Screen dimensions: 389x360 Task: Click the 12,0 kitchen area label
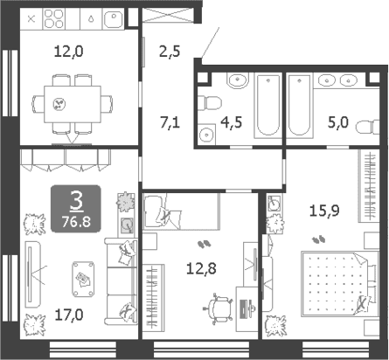pyautogui.click(x=69, y=52)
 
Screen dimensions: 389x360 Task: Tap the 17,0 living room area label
pyautogui.click(x=69, y=315)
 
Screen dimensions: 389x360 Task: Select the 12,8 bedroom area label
pyautogui.click(x=201, y=268)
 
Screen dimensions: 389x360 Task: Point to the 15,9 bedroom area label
pyautogui.click(x=324, y=211)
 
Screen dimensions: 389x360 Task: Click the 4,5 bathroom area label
pyautogui.click(x=232, y=122)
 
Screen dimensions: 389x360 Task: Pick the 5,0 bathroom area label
pyautogui.click(x=338, y=122)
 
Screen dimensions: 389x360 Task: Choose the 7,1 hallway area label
pyautogui.click(x=170, y=121)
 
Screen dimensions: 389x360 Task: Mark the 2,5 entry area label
pyautogui.click(x=170, y=51)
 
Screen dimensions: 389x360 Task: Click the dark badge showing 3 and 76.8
pyautogui.click(x=76, y=209)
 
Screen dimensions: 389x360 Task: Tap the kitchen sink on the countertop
pyautogui.click(x=114, y=19)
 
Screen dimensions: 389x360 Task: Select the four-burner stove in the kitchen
pyautogui.click(x=54, y=18)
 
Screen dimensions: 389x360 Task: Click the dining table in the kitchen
pyautogui.click(x=73, y=104)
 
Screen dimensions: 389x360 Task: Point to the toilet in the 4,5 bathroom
pyautogui.click(x=209, y=103)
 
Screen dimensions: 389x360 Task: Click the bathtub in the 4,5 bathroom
pyautogui.click(x=268, y=105)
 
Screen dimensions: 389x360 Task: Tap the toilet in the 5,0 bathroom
pyautogui.click(x=368, y=127)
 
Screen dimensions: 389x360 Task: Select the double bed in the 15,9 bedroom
pyautogui.click(x=340, y=284)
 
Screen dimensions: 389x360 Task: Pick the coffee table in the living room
pyautogui.click(x=83, y=279)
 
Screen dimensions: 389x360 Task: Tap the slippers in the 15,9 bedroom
pyautogui.click(x=319, y=239)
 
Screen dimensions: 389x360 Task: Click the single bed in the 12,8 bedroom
pyautogui.click(x=181, y=211)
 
